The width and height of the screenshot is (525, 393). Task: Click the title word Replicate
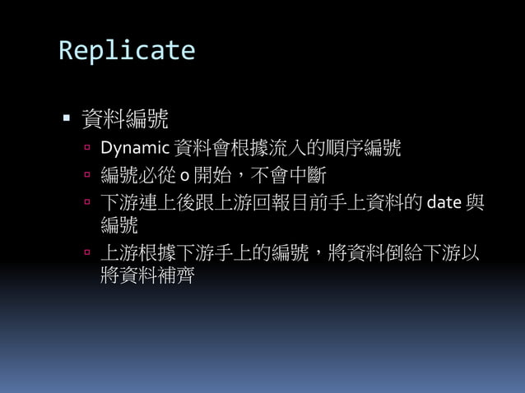click(127, 50)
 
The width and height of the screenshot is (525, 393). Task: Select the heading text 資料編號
click(125, 120)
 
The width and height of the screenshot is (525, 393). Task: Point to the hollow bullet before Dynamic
click(87, 149)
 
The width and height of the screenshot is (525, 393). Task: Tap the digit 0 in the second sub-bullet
click(184, 176)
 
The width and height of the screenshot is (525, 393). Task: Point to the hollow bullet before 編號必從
click(87, 175)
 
